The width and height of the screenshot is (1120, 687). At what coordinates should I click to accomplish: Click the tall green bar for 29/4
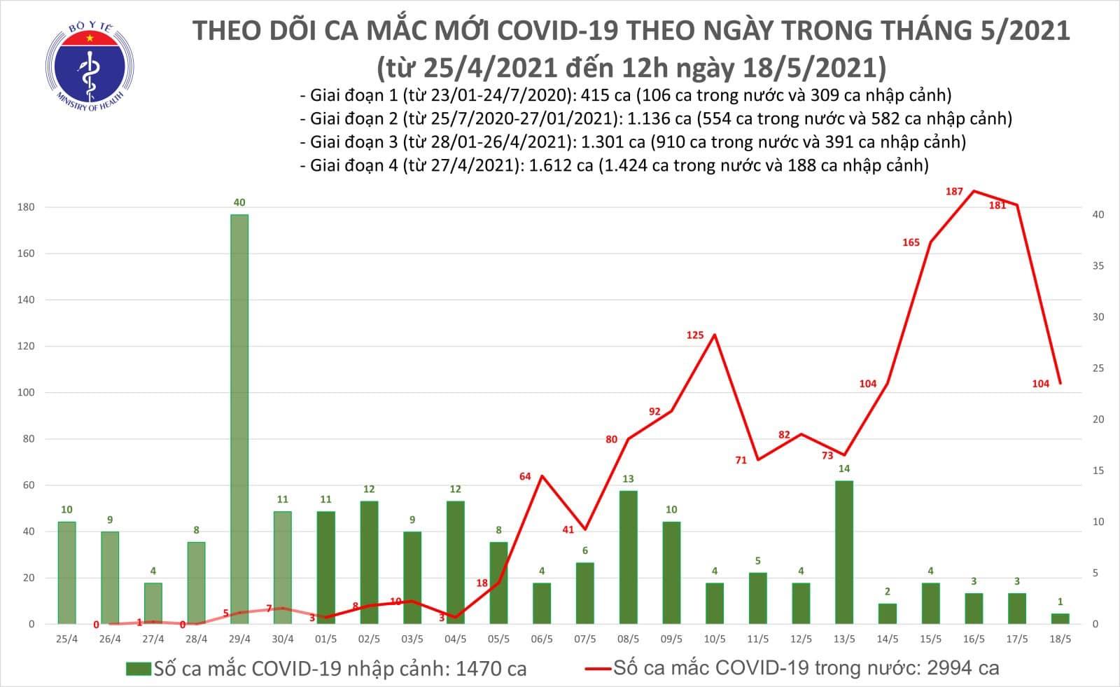point(239,419)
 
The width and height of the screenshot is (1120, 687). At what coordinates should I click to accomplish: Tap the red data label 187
point(954,191)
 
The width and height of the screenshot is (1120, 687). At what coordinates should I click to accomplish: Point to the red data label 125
point(694,335)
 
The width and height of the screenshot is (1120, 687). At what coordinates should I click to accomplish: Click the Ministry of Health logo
point(89,67)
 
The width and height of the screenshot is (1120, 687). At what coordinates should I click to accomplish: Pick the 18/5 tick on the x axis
point(1060,639)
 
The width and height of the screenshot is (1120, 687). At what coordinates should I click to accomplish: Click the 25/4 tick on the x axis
point(66,639)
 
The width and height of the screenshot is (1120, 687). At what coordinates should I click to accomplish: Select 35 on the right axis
point(1098,266)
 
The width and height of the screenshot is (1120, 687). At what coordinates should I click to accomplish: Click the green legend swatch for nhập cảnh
point(139,669)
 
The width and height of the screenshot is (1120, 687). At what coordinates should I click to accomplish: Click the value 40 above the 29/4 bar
point(239,202)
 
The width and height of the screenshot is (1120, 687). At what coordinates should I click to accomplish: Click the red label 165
point(911,242)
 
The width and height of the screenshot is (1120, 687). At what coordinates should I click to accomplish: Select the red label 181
point(997,205)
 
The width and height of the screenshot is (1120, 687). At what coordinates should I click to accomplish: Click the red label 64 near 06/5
point(525,476)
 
